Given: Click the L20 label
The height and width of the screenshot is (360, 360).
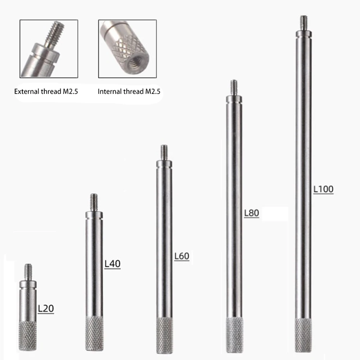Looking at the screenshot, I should coord(46,308).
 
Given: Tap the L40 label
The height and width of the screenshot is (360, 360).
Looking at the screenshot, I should coord(112,264).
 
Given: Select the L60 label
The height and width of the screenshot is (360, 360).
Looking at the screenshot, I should coord(181,256).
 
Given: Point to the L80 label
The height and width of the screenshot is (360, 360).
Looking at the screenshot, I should coord(251,213).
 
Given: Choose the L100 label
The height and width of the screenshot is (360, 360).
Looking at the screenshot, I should coord(323,189).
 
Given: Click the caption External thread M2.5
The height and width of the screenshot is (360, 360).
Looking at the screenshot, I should coord(46,91).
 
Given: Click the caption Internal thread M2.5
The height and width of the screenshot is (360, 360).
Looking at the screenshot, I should coord(129,91).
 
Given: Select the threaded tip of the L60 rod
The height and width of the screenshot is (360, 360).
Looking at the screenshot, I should coord(164,152).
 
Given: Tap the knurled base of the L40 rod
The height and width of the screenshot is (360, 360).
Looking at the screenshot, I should coord(94,334).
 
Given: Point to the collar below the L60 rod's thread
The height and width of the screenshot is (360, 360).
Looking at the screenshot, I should coord(164,164).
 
